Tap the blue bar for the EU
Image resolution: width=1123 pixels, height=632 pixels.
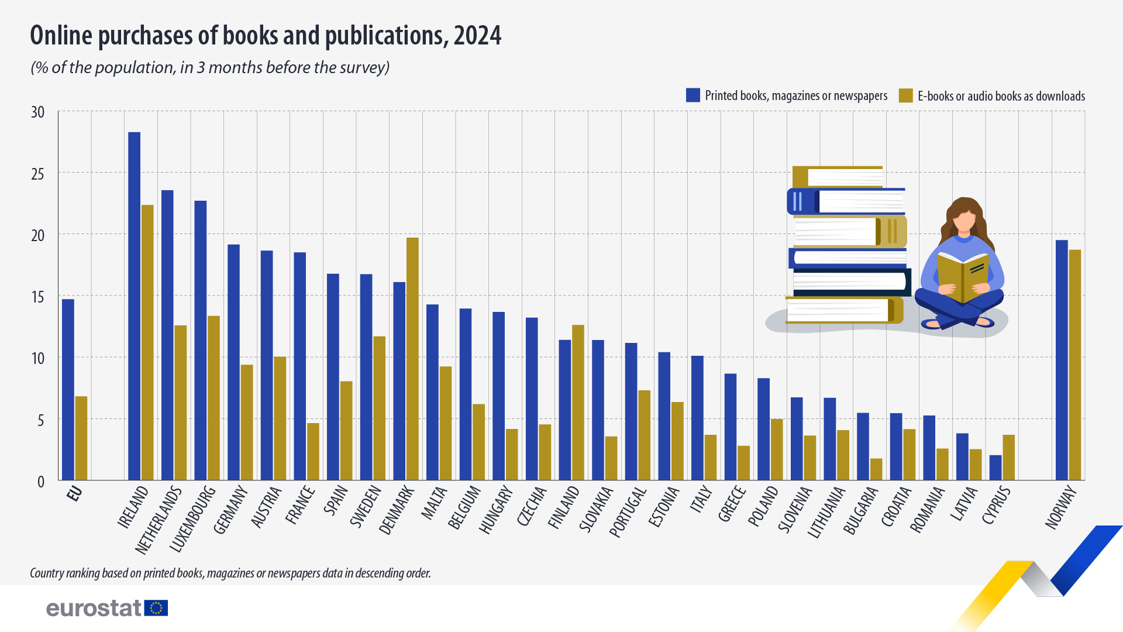[68, 389]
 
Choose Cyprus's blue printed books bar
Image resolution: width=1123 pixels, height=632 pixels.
[995, 468]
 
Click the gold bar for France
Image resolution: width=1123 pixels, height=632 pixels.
[313, 451]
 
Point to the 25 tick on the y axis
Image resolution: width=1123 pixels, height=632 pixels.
[37, 174]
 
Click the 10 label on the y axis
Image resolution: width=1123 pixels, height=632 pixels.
[37, 358]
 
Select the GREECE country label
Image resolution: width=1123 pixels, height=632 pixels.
[732, 504]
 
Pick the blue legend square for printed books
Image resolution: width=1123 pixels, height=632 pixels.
[693, 95]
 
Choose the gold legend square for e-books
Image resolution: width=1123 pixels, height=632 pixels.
[905, 95]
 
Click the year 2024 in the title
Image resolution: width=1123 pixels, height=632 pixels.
[477, 36]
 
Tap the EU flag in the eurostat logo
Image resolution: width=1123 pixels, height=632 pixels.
[156, 608]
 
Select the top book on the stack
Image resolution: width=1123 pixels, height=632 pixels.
[838, 176]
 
